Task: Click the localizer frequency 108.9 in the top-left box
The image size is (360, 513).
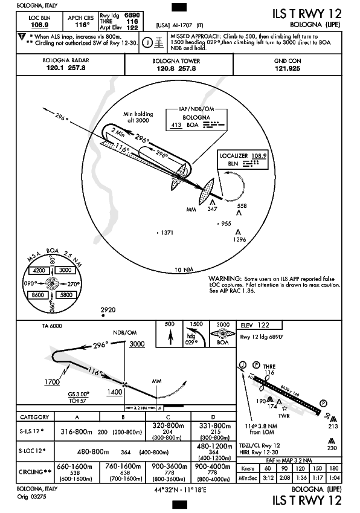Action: (x=40, y=25)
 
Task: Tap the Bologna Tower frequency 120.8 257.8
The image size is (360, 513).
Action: (x=176, y=68)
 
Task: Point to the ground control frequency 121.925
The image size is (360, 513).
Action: (x=288, y=68)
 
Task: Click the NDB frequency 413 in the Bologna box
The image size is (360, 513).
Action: (x=176, y=124)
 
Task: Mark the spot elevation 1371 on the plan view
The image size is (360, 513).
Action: (x=167, y=233)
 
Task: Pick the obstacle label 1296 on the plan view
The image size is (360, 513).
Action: (x=239, y=239)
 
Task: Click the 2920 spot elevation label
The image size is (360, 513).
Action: (x=108, y=309)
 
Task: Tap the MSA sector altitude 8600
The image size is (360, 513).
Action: (x=38, y=295)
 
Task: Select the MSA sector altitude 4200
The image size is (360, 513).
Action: (x=39, y=271)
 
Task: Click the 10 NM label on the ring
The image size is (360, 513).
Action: (x=184, y=270)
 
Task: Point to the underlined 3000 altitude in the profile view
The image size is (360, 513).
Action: (x=137, y=344)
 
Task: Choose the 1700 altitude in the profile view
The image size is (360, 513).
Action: (x=52, y=382)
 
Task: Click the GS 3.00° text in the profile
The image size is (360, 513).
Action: (x=79, y=394)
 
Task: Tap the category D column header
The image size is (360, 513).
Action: (x=213, y=417)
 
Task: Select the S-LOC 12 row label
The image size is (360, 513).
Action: (x=31, y=451)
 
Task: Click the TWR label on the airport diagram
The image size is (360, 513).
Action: (x=284, y=416)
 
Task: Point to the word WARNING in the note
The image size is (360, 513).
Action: (x=225, y=279)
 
